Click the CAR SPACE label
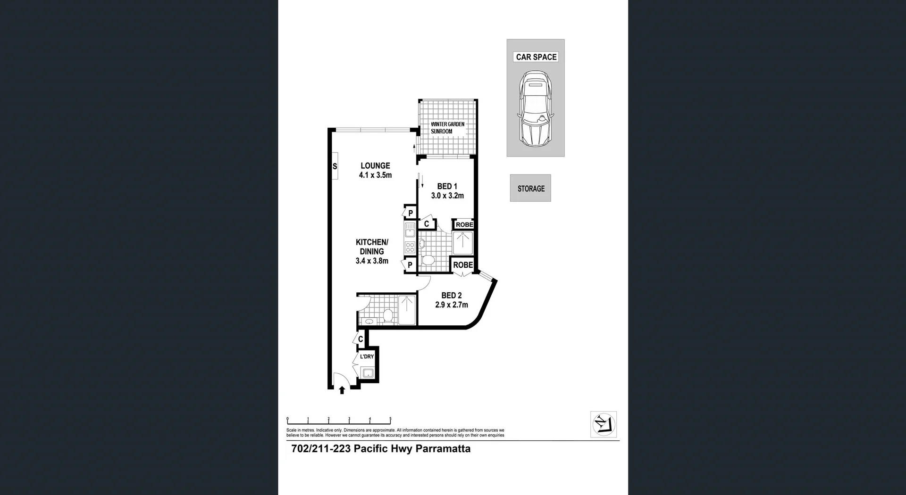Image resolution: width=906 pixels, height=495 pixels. tap(536, 57)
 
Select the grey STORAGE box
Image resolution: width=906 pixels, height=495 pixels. tap(530, 188)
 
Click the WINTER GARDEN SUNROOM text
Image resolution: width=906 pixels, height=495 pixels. tap(447, 128)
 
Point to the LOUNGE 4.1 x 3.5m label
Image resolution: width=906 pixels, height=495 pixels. tap(375, 170)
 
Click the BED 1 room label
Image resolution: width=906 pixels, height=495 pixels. tap(447, 191)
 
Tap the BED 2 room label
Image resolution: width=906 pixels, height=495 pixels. tap(451, 300)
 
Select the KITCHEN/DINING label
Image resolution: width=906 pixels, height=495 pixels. tap(372, 251)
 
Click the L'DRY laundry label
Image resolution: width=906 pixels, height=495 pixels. tap(367, 357)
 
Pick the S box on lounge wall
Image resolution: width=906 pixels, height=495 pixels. tap(335, 166)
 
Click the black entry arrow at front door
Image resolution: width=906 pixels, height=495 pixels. tap(342, 390)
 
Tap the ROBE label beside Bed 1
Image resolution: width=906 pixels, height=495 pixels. tap(464, 224)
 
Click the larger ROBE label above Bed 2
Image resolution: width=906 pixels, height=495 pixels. tap(463, 265)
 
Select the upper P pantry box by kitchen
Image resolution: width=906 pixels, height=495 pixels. tap(410, 213)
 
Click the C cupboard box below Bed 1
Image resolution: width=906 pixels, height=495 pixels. tap(427, 224)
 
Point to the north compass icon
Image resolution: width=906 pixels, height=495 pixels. tap(604, 424)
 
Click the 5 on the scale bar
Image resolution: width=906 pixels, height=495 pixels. tap(390, 419)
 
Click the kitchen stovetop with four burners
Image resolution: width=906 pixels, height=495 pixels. tap(410, 247)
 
